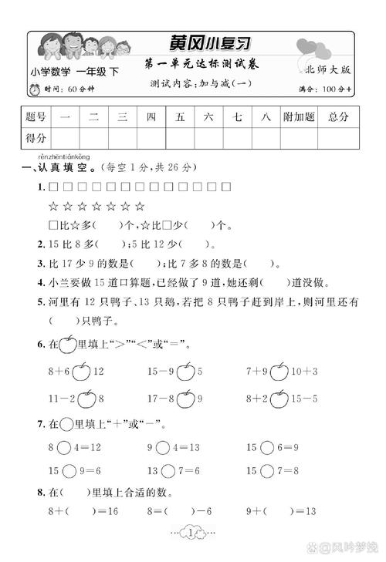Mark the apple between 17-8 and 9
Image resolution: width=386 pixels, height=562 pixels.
point(185,399)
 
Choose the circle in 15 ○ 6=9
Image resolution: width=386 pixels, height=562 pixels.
point(267,447)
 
